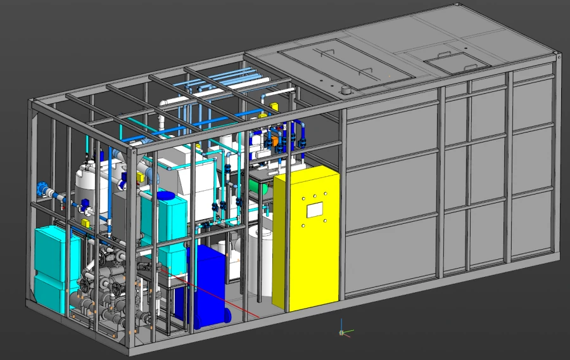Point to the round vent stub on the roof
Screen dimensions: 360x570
[346, 91]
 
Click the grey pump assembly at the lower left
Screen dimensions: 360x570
[108, 292]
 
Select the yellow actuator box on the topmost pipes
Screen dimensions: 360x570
[275, 106]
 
